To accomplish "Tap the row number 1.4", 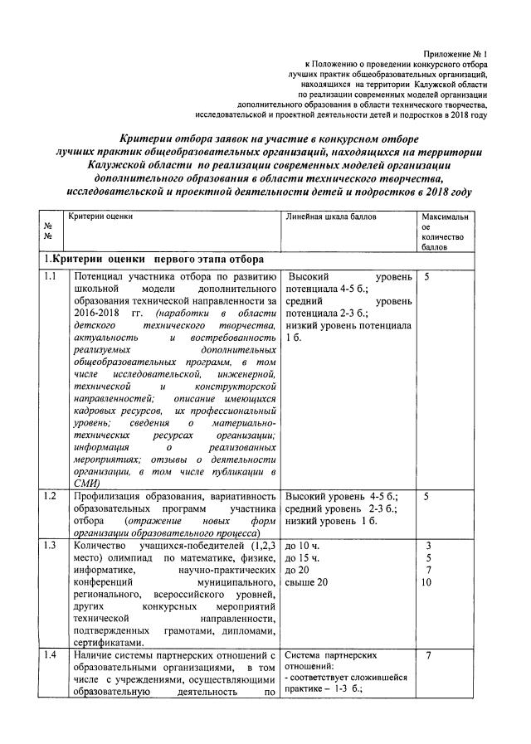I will click(x=51, y=656).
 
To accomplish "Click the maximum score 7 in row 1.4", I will click(x=427, y=656).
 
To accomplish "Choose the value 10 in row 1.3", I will click(x=427, y=582).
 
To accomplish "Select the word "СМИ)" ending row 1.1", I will click(x=87, y=483).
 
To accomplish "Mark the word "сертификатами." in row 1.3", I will click(x=110, y=643).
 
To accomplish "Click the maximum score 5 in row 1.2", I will click(x=427, y=497).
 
